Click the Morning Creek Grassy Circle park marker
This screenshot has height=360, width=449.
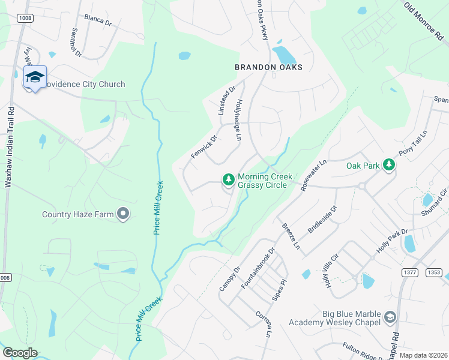coord(228,179)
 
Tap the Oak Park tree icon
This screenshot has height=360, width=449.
coord(389,164)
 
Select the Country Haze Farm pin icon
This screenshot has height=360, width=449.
coord(124,214)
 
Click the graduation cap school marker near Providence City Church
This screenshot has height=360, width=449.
coord(35,77)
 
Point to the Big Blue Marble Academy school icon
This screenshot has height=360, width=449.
coord(390,316)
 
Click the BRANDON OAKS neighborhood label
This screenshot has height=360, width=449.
coord(268,67)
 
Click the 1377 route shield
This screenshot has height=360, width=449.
coord(409,272)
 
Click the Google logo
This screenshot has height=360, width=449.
coord(20,353)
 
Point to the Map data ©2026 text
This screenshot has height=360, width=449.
coord(423,355)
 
